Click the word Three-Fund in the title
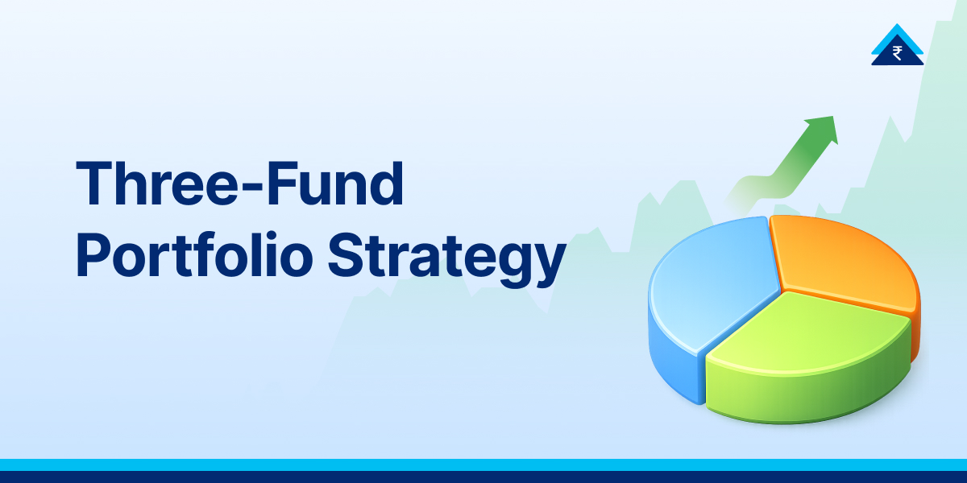click(x=239, y=184)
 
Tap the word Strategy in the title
click(x=447, y=257)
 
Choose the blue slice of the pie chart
click(x=709, y=282)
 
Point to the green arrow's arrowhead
click(x=824, y=130)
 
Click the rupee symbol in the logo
click(x=897, y=54)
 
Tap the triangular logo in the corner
click(x=897, y=46)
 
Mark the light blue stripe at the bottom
click(x=483, y=464)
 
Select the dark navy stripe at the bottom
click(x=483, y=477)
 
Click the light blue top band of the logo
click(x=897, y=32)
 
